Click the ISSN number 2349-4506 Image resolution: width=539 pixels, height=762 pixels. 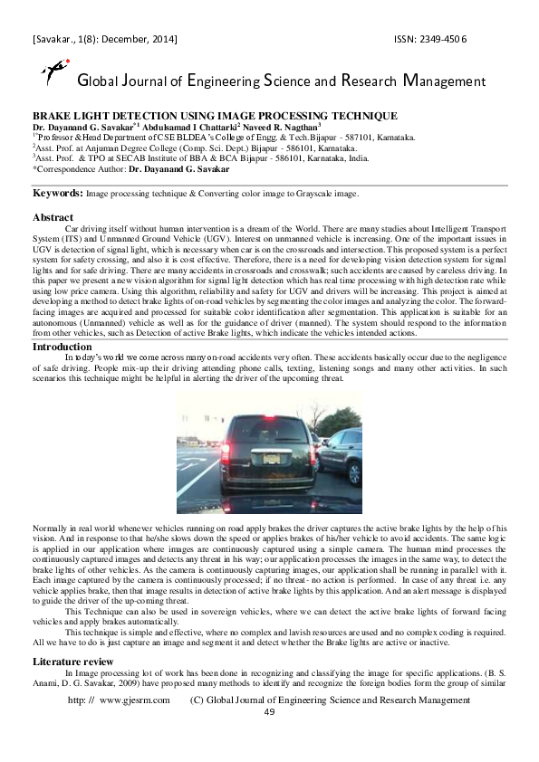(x=441, y=40)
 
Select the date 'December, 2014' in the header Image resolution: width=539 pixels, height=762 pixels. (x=138, y=40)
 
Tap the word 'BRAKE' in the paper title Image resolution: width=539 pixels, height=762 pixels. (x=53, y=116)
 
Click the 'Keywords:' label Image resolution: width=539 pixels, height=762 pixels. (x=59, y=193)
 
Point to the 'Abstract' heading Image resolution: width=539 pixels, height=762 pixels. (x=53, y=217)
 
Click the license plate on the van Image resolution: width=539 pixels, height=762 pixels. (x=271, y=458)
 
